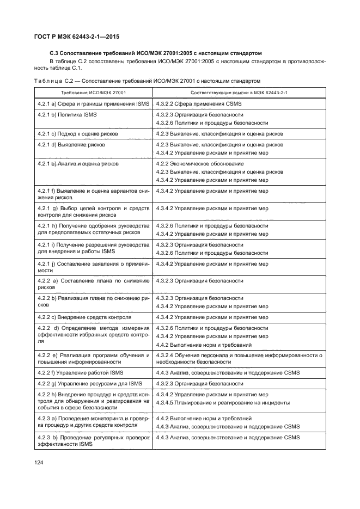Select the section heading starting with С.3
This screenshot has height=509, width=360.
click(x=156, y=53)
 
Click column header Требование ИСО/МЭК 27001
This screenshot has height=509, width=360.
click(x=93, y=92)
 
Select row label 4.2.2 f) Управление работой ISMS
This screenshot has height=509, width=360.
click(x=81, y=372)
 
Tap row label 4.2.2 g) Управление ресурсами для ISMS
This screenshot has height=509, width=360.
click(x=90, y=384)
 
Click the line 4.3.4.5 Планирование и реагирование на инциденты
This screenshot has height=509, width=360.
click(x=223, y=403)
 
